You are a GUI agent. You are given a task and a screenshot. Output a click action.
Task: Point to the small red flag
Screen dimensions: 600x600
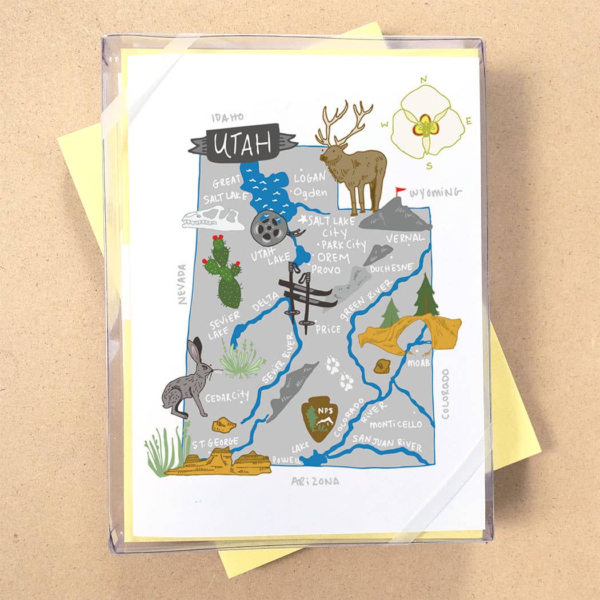(x=400, y=191)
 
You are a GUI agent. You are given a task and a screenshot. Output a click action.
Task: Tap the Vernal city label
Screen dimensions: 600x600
(x=405, y=238)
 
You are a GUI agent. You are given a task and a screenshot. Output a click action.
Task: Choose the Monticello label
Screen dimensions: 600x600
(x=395, y=425)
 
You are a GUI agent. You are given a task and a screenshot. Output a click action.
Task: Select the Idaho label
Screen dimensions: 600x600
(x=227, y=117)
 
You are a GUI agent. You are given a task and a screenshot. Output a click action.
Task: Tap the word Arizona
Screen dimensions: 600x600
(x=315, y=481)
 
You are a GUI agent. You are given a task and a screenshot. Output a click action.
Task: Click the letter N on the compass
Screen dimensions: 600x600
(x=423, y=80)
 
